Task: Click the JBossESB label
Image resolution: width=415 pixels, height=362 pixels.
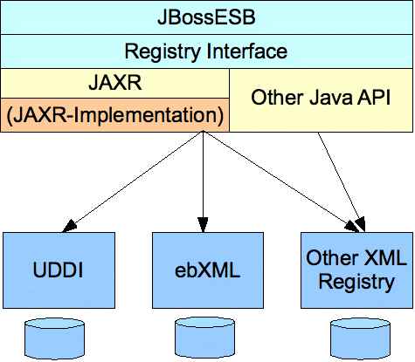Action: tap(206, 17)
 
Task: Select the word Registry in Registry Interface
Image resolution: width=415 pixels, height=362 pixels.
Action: tap(163, 51)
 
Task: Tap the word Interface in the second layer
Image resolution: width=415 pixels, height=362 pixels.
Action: tap(247, 51)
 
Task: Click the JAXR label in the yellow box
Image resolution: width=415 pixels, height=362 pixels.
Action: tap(115, 83)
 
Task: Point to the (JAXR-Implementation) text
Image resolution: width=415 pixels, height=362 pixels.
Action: tap(115, 115)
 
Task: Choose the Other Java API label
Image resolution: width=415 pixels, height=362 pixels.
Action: tap(321, 97)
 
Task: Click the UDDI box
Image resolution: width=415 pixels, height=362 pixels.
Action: tap(59, 270)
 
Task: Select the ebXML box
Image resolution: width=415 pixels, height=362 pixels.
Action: tap(208, 270)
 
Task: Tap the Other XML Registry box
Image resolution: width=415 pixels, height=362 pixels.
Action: tap(356, 270)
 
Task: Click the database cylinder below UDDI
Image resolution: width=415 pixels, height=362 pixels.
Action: tap(54, 338)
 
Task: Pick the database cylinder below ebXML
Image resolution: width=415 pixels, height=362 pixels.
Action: tap(205, 338)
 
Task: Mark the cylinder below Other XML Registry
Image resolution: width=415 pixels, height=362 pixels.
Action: tap(360, 338)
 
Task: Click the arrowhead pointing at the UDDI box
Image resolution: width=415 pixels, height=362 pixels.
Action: tap(69, 226)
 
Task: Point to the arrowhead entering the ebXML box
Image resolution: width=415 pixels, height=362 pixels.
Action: tap(203, 225)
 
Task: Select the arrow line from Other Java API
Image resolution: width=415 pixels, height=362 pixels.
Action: tap(341, 181)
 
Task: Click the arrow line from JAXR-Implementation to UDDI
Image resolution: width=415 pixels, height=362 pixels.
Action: tap(133, 181)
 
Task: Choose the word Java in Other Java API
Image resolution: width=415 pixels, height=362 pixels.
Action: tap(330, 98)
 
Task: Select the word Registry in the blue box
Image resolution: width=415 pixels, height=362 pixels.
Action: tap(356, 283)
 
